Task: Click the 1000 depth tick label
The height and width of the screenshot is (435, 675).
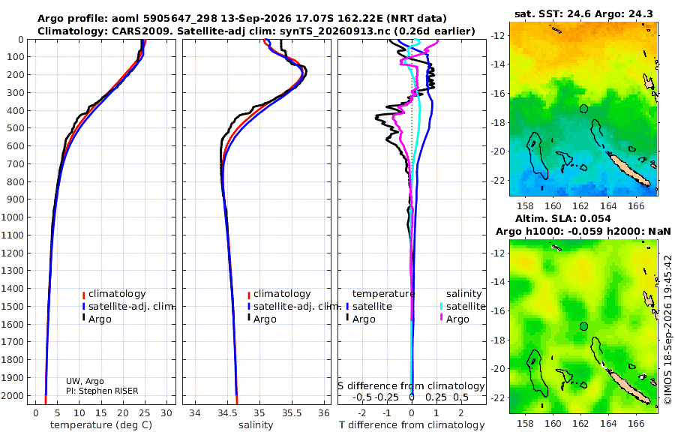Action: (x=12, y=217)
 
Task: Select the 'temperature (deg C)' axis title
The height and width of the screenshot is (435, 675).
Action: (x=101, y=425)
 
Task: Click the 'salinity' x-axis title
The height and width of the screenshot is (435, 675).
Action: (x=256, y=425)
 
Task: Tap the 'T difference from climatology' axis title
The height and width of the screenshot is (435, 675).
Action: (x=412, y=425)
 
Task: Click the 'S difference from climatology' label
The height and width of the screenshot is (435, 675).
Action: (x=411, y=385)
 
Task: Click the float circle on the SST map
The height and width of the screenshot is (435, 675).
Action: (x=583, y=109)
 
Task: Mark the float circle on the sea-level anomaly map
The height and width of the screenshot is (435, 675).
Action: (x=583, y=326)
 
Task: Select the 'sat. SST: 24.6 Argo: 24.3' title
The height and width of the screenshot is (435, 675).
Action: (x=583, y=13)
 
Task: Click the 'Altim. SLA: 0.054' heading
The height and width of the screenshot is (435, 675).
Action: (x=563, y=218)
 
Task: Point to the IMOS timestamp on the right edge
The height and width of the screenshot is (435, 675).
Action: (x=668, y=329)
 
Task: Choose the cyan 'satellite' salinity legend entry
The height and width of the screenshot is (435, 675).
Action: (x=463, y=306)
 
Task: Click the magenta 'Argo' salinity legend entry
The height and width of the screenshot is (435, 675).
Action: (x=454, y=319)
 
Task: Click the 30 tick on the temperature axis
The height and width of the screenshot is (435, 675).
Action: (x=166, y=413)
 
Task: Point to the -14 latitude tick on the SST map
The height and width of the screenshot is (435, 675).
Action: (x=499, y=64)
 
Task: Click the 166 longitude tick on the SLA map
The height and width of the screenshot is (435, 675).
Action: (x=636, y=423)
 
